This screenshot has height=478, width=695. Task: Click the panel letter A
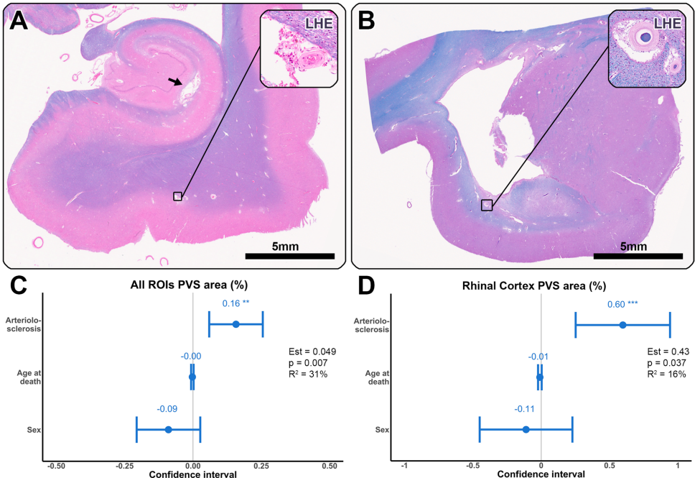[x=19, y=22]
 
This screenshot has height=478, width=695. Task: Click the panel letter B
[x=367, y=22]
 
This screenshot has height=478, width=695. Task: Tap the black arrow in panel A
[x=175, y=83]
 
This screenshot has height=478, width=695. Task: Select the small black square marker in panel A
[x=177, y=196]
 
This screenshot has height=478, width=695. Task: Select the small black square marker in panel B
[x=486, y=205]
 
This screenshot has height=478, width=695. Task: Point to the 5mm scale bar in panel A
[x=290, y=254]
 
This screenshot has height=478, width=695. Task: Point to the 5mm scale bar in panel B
[x=638, y=254]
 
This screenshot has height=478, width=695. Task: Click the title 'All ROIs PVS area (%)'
[x=192, y=285]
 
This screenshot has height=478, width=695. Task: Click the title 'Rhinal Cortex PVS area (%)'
[x=541, y=285]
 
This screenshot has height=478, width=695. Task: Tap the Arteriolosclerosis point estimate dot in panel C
[x=235, y=324]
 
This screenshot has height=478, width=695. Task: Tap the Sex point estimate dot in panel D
[x=526, y=429]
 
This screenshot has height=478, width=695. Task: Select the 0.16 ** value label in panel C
[x=235, y=303]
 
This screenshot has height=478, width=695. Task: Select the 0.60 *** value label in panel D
[x=622, y=304]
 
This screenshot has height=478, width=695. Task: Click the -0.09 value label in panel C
[x=167, y=409]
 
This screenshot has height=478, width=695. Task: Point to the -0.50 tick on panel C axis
[x=55, y=465]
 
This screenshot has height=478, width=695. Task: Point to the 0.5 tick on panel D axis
[x=609, y=465]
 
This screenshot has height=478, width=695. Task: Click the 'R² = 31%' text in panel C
[x=313, y=375]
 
